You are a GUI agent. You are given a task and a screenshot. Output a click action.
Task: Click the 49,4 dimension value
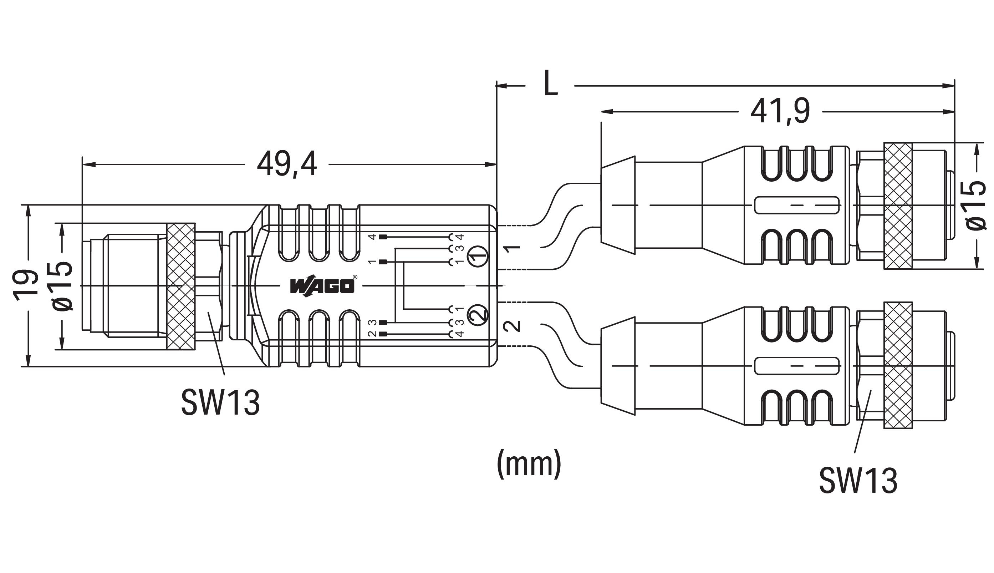286,164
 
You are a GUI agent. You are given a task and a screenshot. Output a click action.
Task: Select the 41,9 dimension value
780,112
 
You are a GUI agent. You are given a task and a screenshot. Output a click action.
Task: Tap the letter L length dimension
550,83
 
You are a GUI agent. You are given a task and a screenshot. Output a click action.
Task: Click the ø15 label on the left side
62,286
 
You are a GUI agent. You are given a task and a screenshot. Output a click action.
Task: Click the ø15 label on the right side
975,205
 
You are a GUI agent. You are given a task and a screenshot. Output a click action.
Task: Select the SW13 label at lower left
220,402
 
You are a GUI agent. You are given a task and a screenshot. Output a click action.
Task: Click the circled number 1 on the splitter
478,256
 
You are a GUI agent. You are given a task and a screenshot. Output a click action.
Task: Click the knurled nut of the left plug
181,286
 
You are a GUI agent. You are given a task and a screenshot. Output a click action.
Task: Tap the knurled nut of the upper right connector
898,206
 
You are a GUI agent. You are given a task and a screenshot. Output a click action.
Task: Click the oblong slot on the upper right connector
797,205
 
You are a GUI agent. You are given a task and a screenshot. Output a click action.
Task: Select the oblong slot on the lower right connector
797,366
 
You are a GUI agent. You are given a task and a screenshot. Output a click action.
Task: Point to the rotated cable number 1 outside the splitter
512,249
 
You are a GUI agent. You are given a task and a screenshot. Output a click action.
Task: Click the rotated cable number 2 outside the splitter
512,326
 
